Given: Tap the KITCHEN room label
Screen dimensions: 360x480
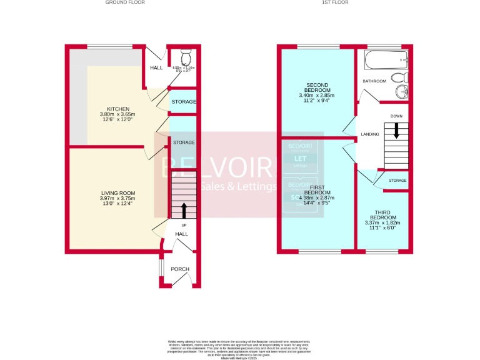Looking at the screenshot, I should click(117, 109).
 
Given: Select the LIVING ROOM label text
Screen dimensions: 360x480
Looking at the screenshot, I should click(119, 193).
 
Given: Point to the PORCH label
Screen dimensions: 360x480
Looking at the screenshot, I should click(180, 269).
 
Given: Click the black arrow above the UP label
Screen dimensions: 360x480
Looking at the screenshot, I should click(184, 211).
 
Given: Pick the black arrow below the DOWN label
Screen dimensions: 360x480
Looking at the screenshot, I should click(396, 131).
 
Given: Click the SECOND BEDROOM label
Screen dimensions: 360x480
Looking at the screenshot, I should click(317, 87).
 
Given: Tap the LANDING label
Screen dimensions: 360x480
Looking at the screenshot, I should click(370, 134).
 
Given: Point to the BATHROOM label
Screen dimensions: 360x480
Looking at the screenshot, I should click(375, 81).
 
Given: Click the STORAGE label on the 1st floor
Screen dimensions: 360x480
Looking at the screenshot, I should click(397, 181).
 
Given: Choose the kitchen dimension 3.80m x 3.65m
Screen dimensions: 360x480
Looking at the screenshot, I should click(117, 114).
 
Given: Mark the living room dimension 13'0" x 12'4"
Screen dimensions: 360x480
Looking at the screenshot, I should click(119, 204).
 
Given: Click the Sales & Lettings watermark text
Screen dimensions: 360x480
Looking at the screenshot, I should click(239, 186).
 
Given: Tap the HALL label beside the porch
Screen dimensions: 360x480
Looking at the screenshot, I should click(181, 234).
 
